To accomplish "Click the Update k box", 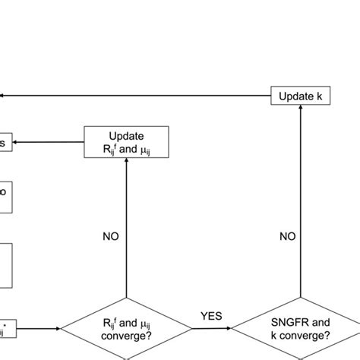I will click(301, 96).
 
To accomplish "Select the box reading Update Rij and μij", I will click(126, 142).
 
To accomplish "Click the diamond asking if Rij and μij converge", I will click(126, 328).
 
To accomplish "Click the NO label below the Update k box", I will click(288, 236).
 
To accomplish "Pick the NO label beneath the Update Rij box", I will click(112, 236).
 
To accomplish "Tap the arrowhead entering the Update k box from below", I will click(302, 111).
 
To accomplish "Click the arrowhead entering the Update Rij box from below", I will click(126, 163).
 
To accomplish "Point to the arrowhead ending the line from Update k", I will click(4, 96).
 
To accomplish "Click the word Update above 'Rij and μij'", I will click(126, 135).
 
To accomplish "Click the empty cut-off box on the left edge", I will click(5, 265).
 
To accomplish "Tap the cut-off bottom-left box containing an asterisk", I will click(8, 328).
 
